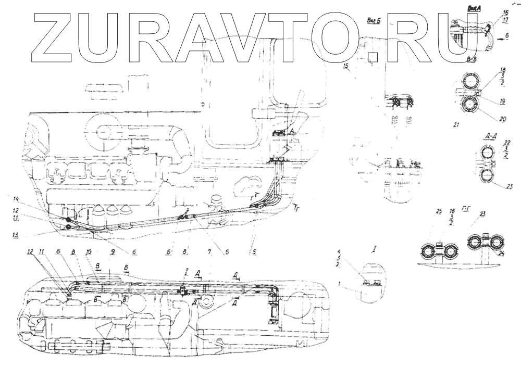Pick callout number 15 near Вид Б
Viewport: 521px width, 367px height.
coord(345,67)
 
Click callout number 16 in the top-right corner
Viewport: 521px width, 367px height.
coord(505,11)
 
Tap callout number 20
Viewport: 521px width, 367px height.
coord(503,119)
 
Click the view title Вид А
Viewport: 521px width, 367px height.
coord(474,8)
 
